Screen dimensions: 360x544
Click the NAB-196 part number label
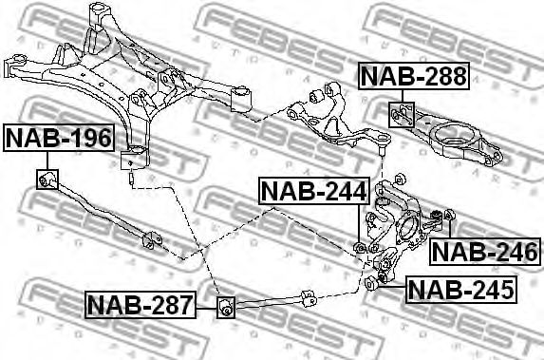coord(59,140)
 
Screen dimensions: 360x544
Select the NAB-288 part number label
coord(413,76)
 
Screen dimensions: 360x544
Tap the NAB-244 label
coord(312,193)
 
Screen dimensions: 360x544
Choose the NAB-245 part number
coord(460,288)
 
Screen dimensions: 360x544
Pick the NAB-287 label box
coord(140,305)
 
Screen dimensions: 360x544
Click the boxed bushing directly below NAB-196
coord(48,179)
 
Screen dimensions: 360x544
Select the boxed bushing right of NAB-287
coord(226,306)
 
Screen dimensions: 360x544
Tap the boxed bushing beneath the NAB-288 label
coord(400,116)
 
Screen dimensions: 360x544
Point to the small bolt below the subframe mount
coord(128,174)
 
